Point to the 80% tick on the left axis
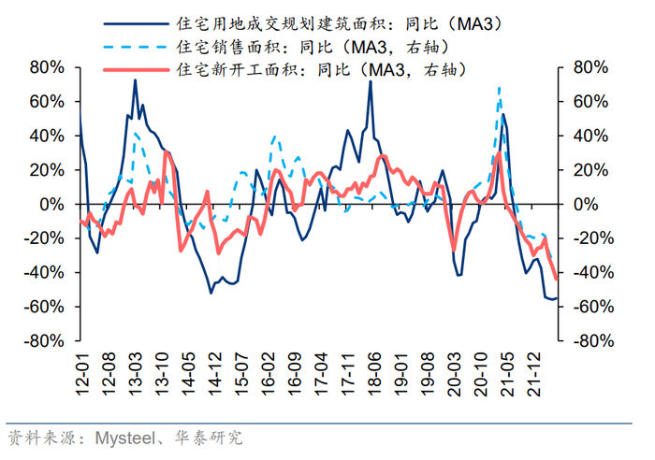tap(47, 67)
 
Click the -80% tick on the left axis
tap(43, 341)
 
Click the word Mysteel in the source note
tap(121, 437)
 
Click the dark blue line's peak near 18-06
tap(371, 81)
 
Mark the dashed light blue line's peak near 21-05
tap(500, 88)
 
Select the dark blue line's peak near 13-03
tap(135, 80)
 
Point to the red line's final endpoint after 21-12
tap(557, 279)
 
